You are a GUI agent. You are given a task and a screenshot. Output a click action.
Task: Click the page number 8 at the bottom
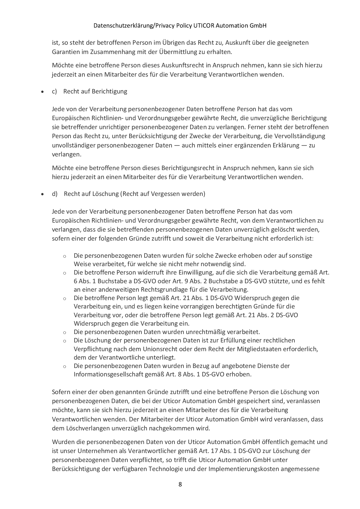coord(180,484)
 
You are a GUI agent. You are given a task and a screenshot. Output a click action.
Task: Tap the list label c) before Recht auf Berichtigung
coord(54,91)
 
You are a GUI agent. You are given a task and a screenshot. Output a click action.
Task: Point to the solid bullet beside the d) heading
coord(43,194)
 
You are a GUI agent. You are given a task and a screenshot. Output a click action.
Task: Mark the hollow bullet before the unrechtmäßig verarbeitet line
coord(64,333)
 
